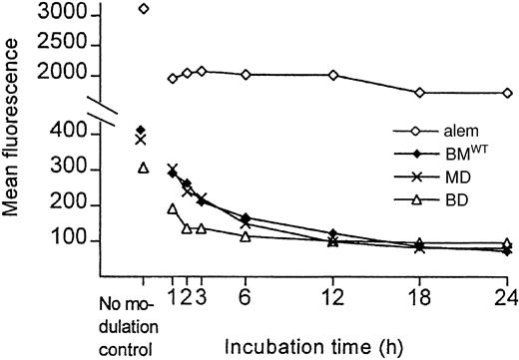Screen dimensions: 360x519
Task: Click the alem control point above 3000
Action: click(143, 9)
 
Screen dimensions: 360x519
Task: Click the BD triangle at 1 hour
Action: click(172, 208)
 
